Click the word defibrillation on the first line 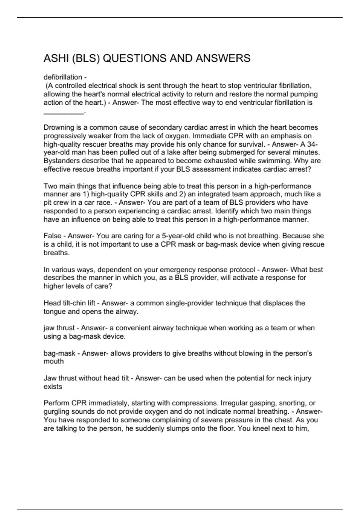[x=63, y=77]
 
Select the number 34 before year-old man [x=311, y=144]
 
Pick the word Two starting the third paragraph [x=50, y=186]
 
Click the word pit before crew [x=48, y=202]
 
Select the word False [x=52, y=236]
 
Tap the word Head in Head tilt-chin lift [x=52, y=303]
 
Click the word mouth [x=54, y=361]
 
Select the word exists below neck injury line [x=53, y=387]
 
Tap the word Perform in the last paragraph [x=57, y=403]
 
